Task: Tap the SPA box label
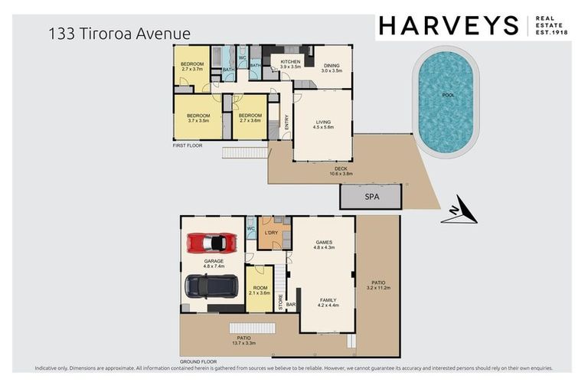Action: click(x=371, y=197)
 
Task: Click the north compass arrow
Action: click(x=459, y=212)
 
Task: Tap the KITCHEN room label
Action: click(x=291, y=64)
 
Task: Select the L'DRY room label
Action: click(x=270, y=232)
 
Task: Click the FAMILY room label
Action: click(x=328, y=302)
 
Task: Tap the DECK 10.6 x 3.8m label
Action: click(x=341, y=171)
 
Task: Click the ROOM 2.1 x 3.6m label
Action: click(x=259, y=289)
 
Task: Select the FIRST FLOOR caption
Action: click(x=187, y=145)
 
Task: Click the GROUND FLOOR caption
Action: click(x=198, y=361)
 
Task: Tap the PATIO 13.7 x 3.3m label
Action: click(x=243, y=340)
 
